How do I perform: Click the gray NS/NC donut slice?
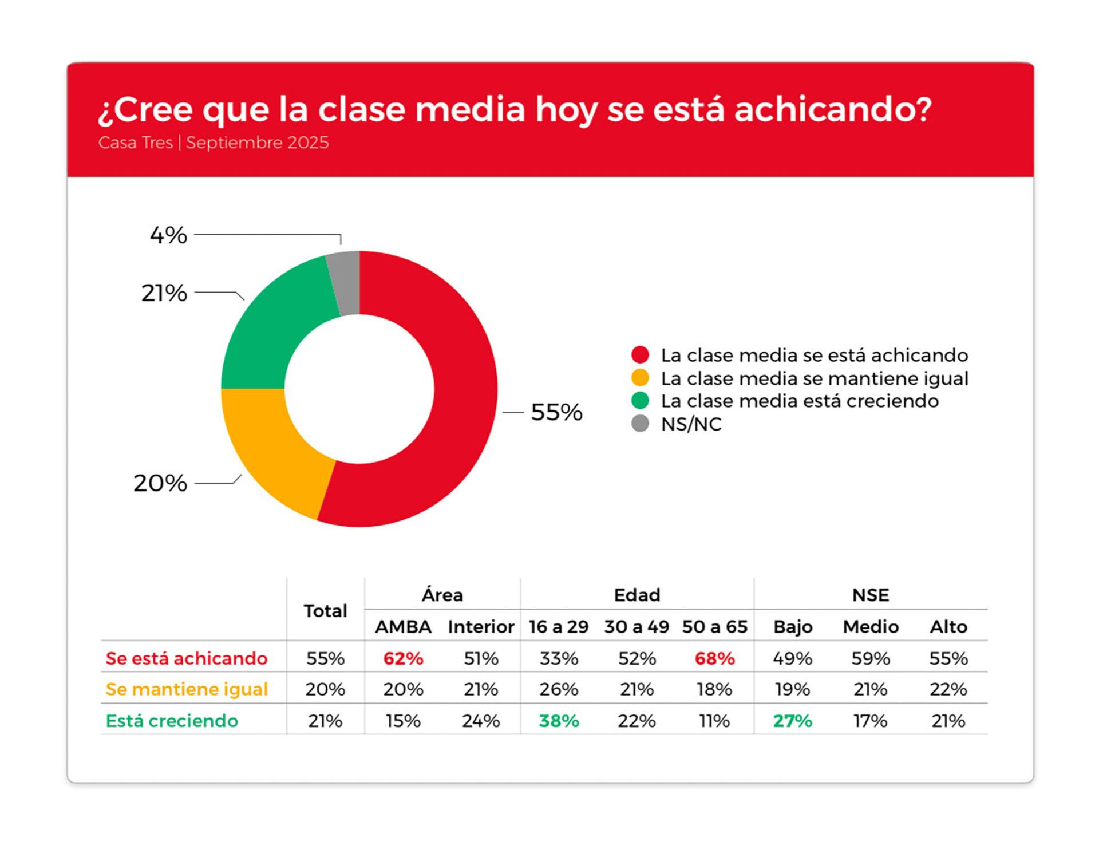[x=345, y=283]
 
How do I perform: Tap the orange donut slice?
[x=272, y=447]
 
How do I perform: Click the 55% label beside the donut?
[x=556, y=412]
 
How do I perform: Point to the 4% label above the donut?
[x=168, y=235]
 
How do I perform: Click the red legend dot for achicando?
[x=640, y=355]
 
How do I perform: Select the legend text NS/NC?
[x=691, y=424]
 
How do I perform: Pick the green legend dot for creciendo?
[x=640, y=401]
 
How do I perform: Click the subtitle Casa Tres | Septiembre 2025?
[x=213, y=143]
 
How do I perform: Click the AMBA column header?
[x=403, y=627]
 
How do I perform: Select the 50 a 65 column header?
[x=714, y=627]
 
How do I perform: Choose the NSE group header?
[x=870, y=595]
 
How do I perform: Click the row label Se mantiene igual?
[x=187, y=689]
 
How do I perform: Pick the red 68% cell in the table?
[x=714, y=658]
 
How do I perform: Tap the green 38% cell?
[x=559, y=721]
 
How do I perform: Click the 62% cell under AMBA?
[x=403, y=658]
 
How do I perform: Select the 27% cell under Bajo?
[x=792, y=721]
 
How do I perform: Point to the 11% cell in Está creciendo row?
[x=714, y=721]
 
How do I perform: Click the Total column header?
[x=325, y=611]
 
